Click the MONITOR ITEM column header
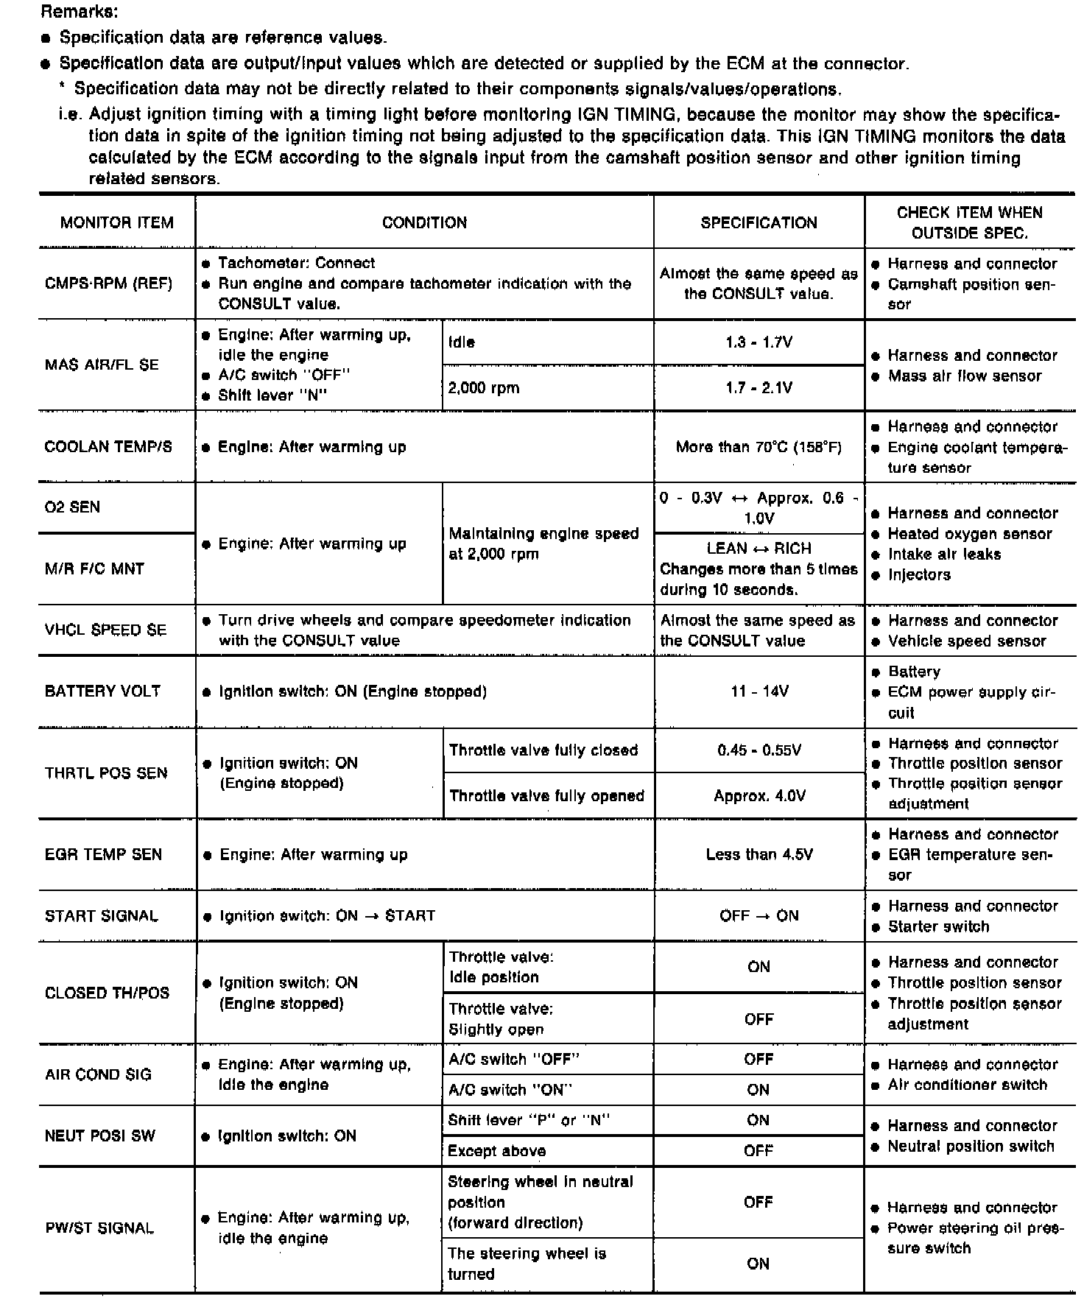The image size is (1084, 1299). click(x=117, y=222)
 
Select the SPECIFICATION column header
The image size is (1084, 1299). click(x=759, y=222)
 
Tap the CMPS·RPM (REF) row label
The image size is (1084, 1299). click(x=108, y=284)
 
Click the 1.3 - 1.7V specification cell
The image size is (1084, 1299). click(x=759, y=342)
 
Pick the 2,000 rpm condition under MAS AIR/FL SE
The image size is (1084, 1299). click(x=484, y=388)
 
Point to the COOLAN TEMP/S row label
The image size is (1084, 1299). click(x=108, y=447)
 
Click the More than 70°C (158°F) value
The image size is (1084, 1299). click(x=759, y=447)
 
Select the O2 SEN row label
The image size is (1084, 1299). click(x=72, y=507)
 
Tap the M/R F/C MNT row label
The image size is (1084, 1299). click(x=94, y=568)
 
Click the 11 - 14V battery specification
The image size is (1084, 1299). click(x=759, y=691)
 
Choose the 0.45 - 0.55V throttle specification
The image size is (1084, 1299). click(x=759, y=750)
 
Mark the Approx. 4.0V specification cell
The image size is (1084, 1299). click(x=759, y=796)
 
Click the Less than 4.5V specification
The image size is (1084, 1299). click(x=759, y=855)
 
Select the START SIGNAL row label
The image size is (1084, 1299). click(x=102, y=916)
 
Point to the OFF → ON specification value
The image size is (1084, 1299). click(x=759, y=916)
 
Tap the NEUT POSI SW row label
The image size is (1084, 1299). click(x=100, y=1136)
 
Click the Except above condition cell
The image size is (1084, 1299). click(x=497, y=1151)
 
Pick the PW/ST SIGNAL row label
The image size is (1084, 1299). click(x=100, y=1228)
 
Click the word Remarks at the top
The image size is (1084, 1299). click(x=80, y=12)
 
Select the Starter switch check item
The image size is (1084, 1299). click(x=939, y=926)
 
